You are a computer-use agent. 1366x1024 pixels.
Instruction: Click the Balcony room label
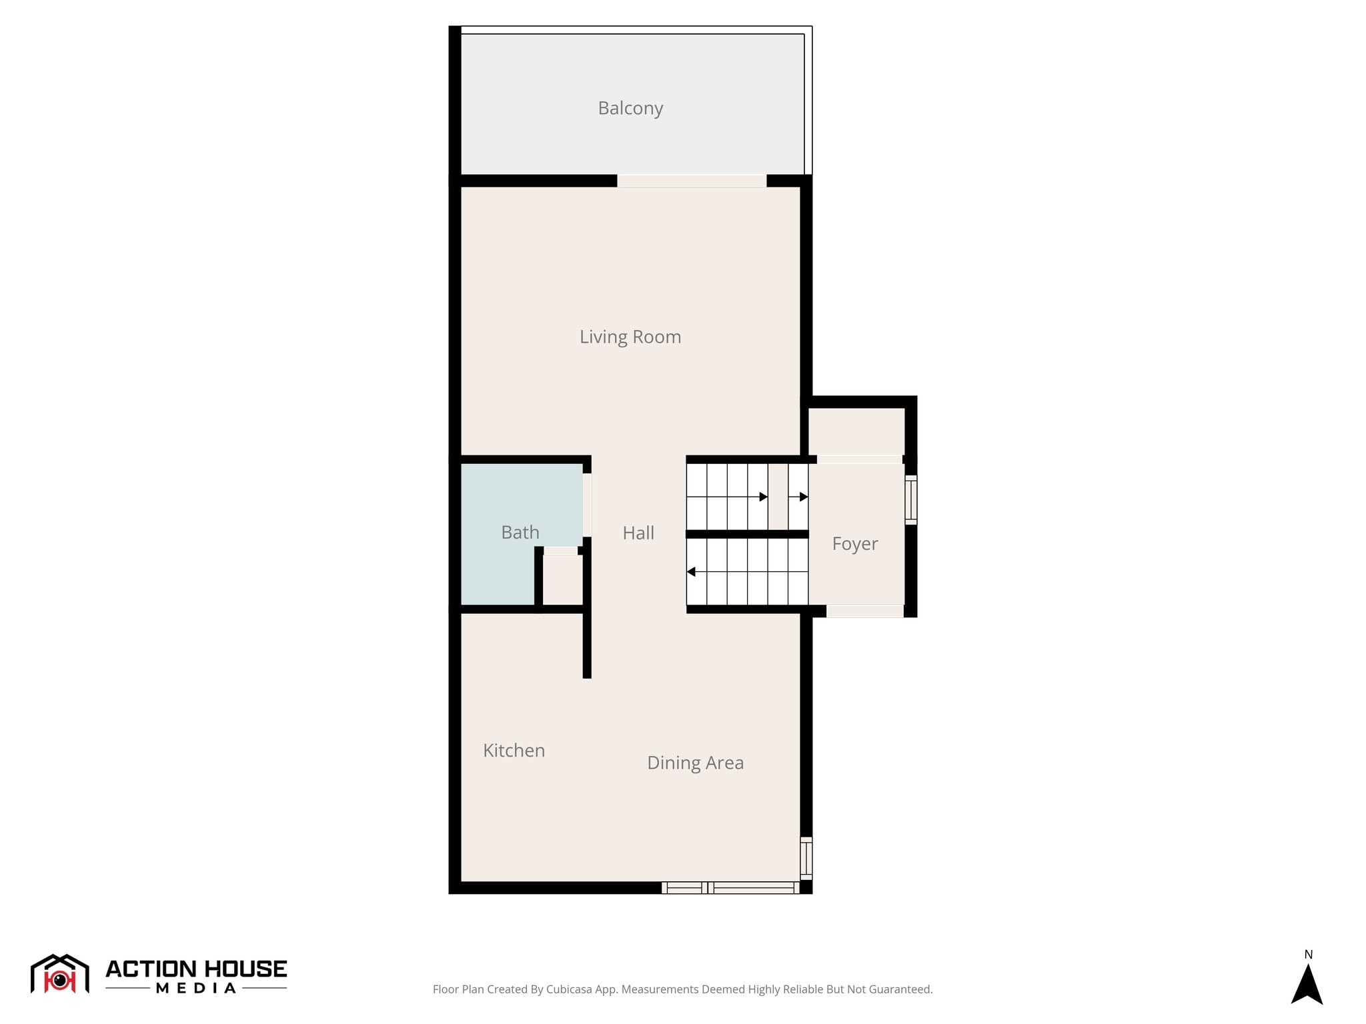coord(630,108)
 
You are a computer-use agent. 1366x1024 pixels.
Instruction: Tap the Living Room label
coord(630,337)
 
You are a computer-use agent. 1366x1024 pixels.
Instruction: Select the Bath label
coord(520,532)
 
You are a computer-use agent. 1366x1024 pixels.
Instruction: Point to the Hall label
coord(638,533)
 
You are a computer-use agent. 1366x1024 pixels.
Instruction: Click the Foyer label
coord(855,543)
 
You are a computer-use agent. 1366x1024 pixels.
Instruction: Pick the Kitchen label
coord(514,750)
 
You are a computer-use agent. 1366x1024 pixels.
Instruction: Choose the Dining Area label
coord(695,763)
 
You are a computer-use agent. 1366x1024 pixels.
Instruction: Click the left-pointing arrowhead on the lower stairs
coord(691,572)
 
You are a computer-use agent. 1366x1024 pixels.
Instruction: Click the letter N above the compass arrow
coord(1309,955)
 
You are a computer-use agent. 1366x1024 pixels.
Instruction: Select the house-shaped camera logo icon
coord(60,974)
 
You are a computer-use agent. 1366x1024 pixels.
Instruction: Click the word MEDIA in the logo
coord(196,989)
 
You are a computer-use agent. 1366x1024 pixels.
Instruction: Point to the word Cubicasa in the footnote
coord(568,989)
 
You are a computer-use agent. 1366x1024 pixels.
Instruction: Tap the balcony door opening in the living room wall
coord(692,181)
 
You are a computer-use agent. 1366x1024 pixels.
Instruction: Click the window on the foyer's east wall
coord(911,500)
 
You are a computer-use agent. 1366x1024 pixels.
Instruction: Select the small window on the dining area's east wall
coord(806,858)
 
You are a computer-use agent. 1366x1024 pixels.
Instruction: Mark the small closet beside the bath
coord(562,579)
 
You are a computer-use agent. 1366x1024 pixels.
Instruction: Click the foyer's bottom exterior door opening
coord(865,611)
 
